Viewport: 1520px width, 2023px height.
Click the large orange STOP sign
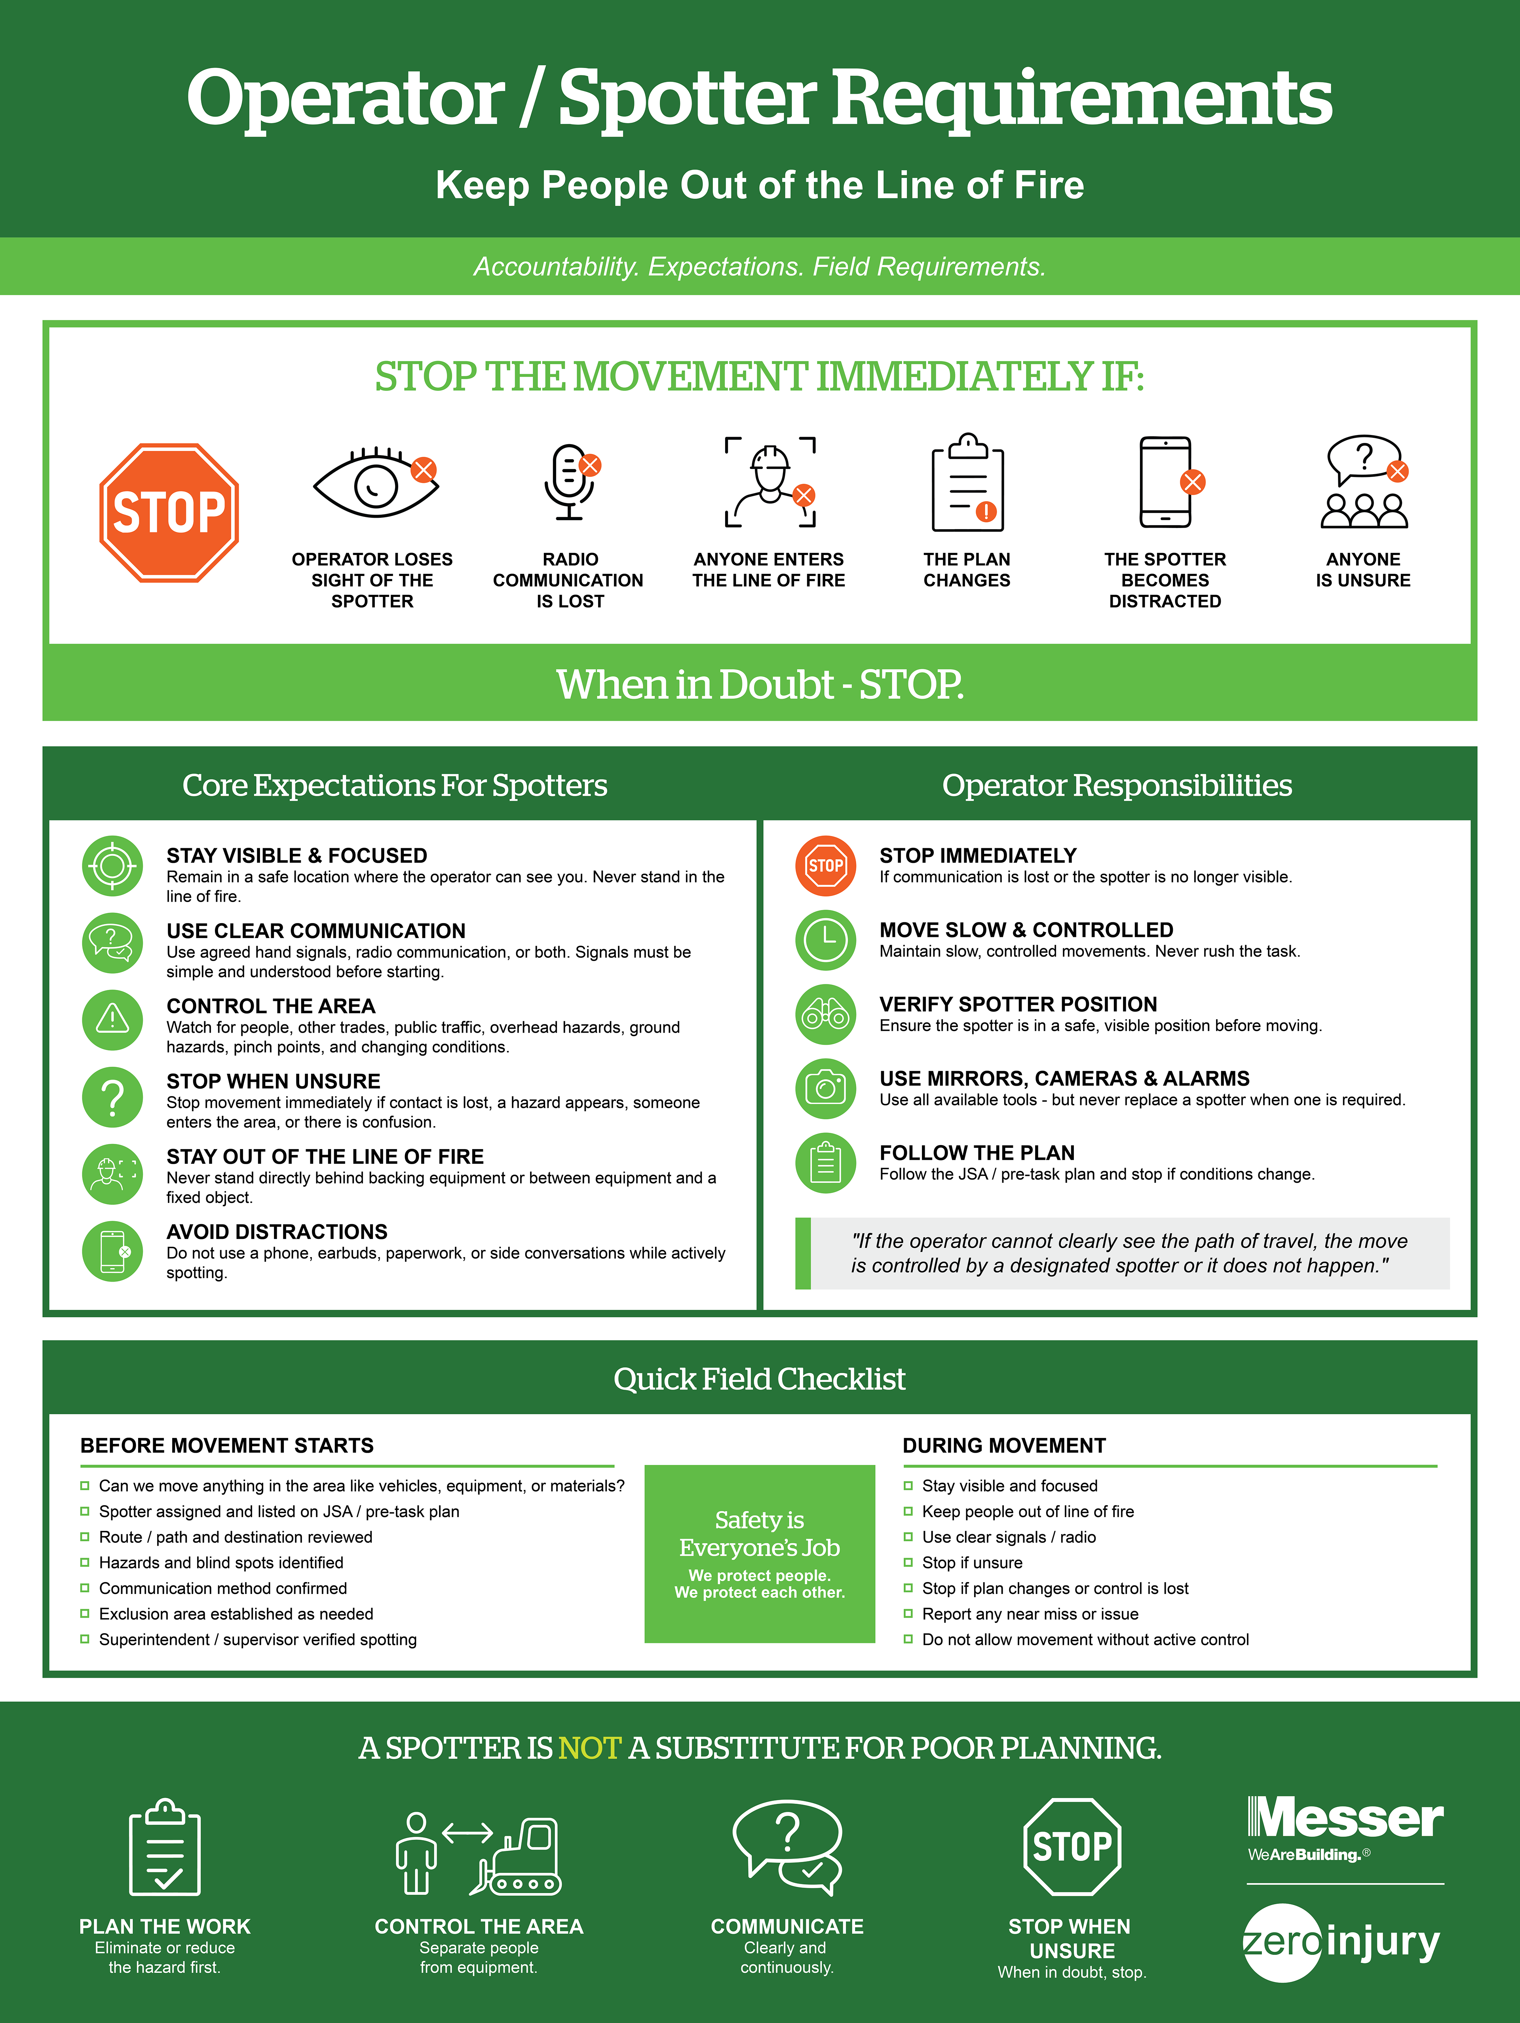169,512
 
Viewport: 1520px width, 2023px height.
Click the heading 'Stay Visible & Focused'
296,855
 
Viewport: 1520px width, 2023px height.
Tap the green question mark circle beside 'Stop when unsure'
112,1098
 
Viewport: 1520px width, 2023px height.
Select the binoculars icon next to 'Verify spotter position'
826,1014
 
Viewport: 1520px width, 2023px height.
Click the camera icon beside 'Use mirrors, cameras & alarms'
826,1088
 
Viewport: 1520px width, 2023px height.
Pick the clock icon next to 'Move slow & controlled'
826,940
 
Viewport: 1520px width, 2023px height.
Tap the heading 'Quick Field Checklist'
760,1378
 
